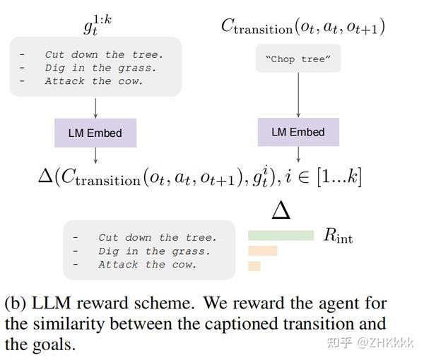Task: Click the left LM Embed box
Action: click(x=95, y=133)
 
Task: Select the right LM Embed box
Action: click(x=298, y=132)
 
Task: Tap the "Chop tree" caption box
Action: click(x=298, y=59)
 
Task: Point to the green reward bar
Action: click(x=281, y=235)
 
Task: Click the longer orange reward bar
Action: click(x=262, y=251)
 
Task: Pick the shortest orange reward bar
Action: click(x=254, y=266)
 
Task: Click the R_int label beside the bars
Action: click(x=338, y=236)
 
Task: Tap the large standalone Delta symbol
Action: click(x=281, y=210)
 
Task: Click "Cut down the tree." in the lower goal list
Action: click(x=157, y=238)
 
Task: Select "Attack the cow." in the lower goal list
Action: click(x=147, y=265)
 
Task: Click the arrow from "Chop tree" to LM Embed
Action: click(x=298, y=95)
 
